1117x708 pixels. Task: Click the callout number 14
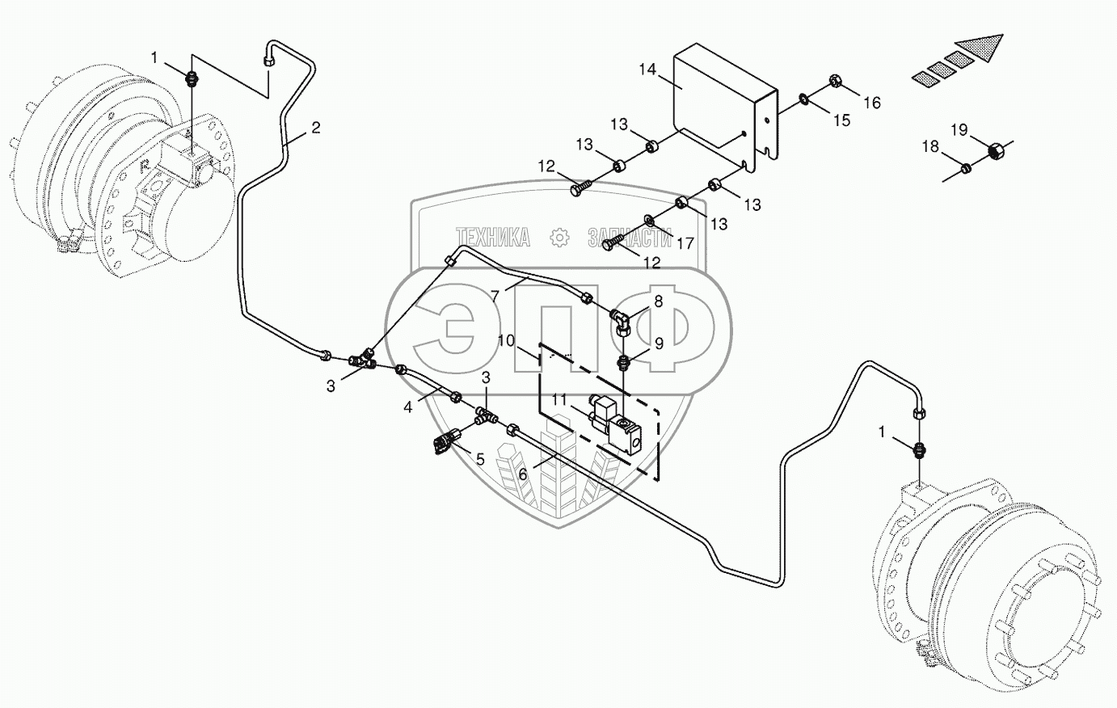[647, 70]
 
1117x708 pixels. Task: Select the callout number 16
[870, 103]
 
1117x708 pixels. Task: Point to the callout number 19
[959, 129]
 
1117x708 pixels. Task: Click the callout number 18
[930, 146]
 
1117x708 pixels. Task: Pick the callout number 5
[479, 459]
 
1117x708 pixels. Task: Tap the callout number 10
[507, 341]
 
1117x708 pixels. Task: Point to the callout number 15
[841, 120]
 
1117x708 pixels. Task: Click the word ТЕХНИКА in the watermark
[493, 237]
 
